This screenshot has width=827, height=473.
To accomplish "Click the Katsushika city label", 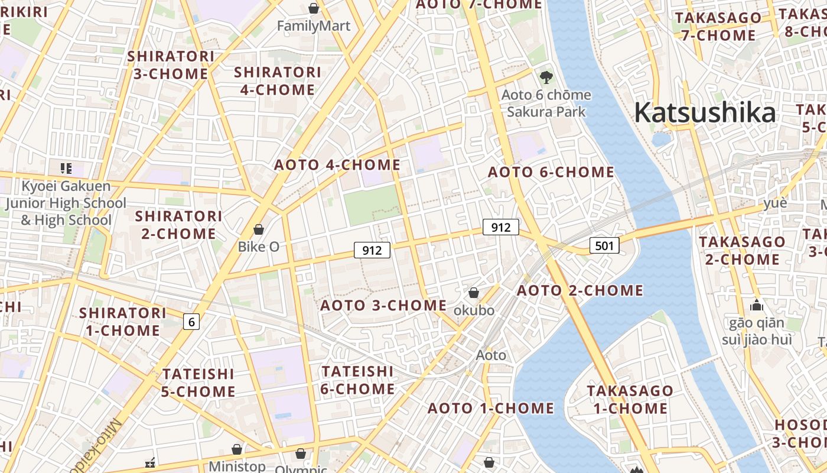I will point(705,112).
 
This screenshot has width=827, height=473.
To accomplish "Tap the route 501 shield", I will point(604,245).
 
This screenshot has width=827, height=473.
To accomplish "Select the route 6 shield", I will point(191,322).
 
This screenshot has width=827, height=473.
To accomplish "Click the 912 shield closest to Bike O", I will point(372,250).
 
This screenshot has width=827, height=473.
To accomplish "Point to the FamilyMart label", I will point(314,26).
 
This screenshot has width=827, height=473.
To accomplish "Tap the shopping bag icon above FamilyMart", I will point(314,8).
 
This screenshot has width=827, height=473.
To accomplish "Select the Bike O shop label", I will point(258,247).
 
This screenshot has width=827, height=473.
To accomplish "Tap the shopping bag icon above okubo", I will point(474,293).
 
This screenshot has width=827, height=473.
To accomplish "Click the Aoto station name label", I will point(491,355).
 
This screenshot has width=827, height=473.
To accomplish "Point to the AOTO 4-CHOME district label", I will point(337,165).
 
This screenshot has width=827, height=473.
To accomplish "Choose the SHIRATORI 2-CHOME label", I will point(178,225).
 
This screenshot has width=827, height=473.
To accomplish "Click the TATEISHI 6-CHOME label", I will point(357,380).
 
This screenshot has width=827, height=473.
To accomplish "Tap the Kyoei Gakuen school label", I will point(66,203).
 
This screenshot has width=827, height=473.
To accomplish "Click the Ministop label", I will point(237,466).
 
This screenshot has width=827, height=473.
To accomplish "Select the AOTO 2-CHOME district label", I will point(580,290).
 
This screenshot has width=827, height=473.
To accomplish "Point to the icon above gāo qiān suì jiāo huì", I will point(757,306).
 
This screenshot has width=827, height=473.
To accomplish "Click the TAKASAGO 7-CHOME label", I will point(718,27).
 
